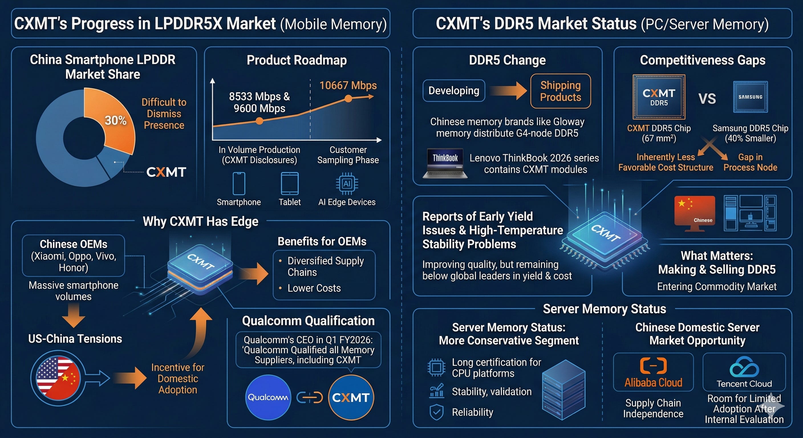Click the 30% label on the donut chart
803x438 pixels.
(116, 120)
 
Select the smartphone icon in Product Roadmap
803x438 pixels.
(239, 184)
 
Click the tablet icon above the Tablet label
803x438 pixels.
(290, 184)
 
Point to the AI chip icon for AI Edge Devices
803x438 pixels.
(347, 184)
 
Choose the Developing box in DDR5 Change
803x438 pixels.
(454, 91)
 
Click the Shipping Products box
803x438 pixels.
(561, 91)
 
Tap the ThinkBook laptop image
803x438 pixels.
(445, 163)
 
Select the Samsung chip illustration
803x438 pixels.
(750, 97)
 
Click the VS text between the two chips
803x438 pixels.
(707, 99)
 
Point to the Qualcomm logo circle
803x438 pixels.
(268, 397)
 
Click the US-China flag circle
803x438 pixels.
(58, 378)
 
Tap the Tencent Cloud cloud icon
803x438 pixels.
(744, 367)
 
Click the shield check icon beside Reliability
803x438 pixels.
(436, 412)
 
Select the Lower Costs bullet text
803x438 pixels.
(314, 288)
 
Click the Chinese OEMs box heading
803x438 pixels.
(74, 244)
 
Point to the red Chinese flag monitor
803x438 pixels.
(695, 213)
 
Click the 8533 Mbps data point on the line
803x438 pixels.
(259, 121)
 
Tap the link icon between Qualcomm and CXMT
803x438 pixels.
(310, 398)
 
